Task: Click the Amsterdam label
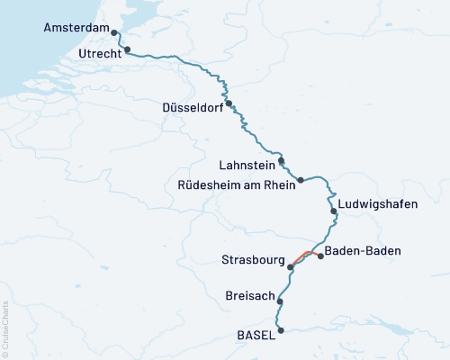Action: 76,29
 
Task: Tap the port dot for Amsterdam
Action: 116,31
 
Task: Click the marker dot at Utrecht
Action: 127,50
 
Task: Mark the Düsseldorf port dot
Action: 229,103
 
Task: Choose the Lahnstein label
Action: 247,166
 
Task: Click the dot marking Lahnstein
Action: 282,161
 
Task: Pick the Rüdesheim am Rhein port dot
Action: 301,180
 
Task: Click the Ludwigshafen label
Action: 378,204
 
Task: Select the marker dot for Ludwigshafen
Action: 334,211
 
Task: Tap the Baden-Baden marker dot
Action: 321,256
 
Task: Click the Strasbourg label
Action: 252,261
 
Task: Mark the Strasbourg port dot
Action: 290,266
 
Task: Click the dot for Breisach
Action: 281,301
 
